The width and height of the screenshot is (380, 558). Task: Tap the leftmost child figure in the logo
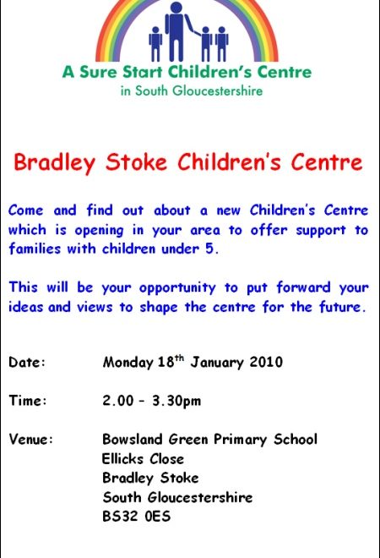click(155, 44)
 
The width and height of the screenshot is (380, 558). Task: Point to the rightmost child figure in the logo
click(222, 44)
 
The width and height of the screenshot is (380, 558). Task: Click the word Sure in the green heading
click(98, 72)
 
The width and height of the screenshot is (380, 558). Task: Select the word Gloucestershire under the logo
click(218, 90)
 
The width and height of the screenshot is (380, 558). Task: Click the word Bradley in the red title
click(54, 162)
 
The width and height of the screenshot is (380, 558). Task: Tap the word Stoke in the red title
click(136, 162)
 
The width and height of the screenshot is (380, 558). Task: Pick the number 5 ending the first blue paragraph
click(209, 249)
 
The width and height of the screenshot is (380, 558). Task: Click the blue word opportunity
click(177, 288)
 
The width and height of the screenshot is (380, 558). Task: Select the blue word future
click(342, 306)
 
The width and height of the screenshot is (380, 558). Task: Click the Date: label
click(27, 362)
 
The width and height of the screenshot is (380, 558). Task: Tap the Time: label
click(28, 401)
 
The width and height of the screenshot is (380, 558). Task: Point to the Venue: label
click(31, 439)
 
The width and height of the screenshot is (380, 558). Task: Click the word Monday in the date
click(128, 363)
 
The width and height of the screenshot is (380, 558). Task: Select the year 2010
click(266, 362)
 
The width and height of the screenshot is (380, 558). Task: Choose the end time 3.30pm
click(176, 401)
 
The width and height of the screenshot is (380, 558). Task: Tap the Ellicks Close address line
click(143, 459)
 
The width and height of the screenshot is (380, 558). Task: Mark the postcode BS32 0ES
click(137, 517)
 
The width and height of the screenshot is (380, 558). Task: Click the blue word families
click(35, 248)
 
